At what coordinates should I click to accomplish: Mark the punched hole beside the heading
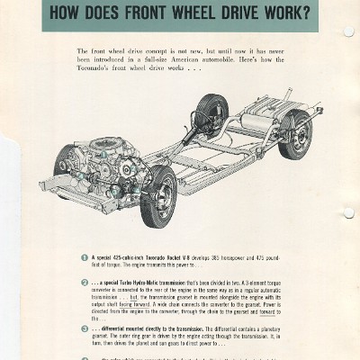[x=348, y=31]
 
